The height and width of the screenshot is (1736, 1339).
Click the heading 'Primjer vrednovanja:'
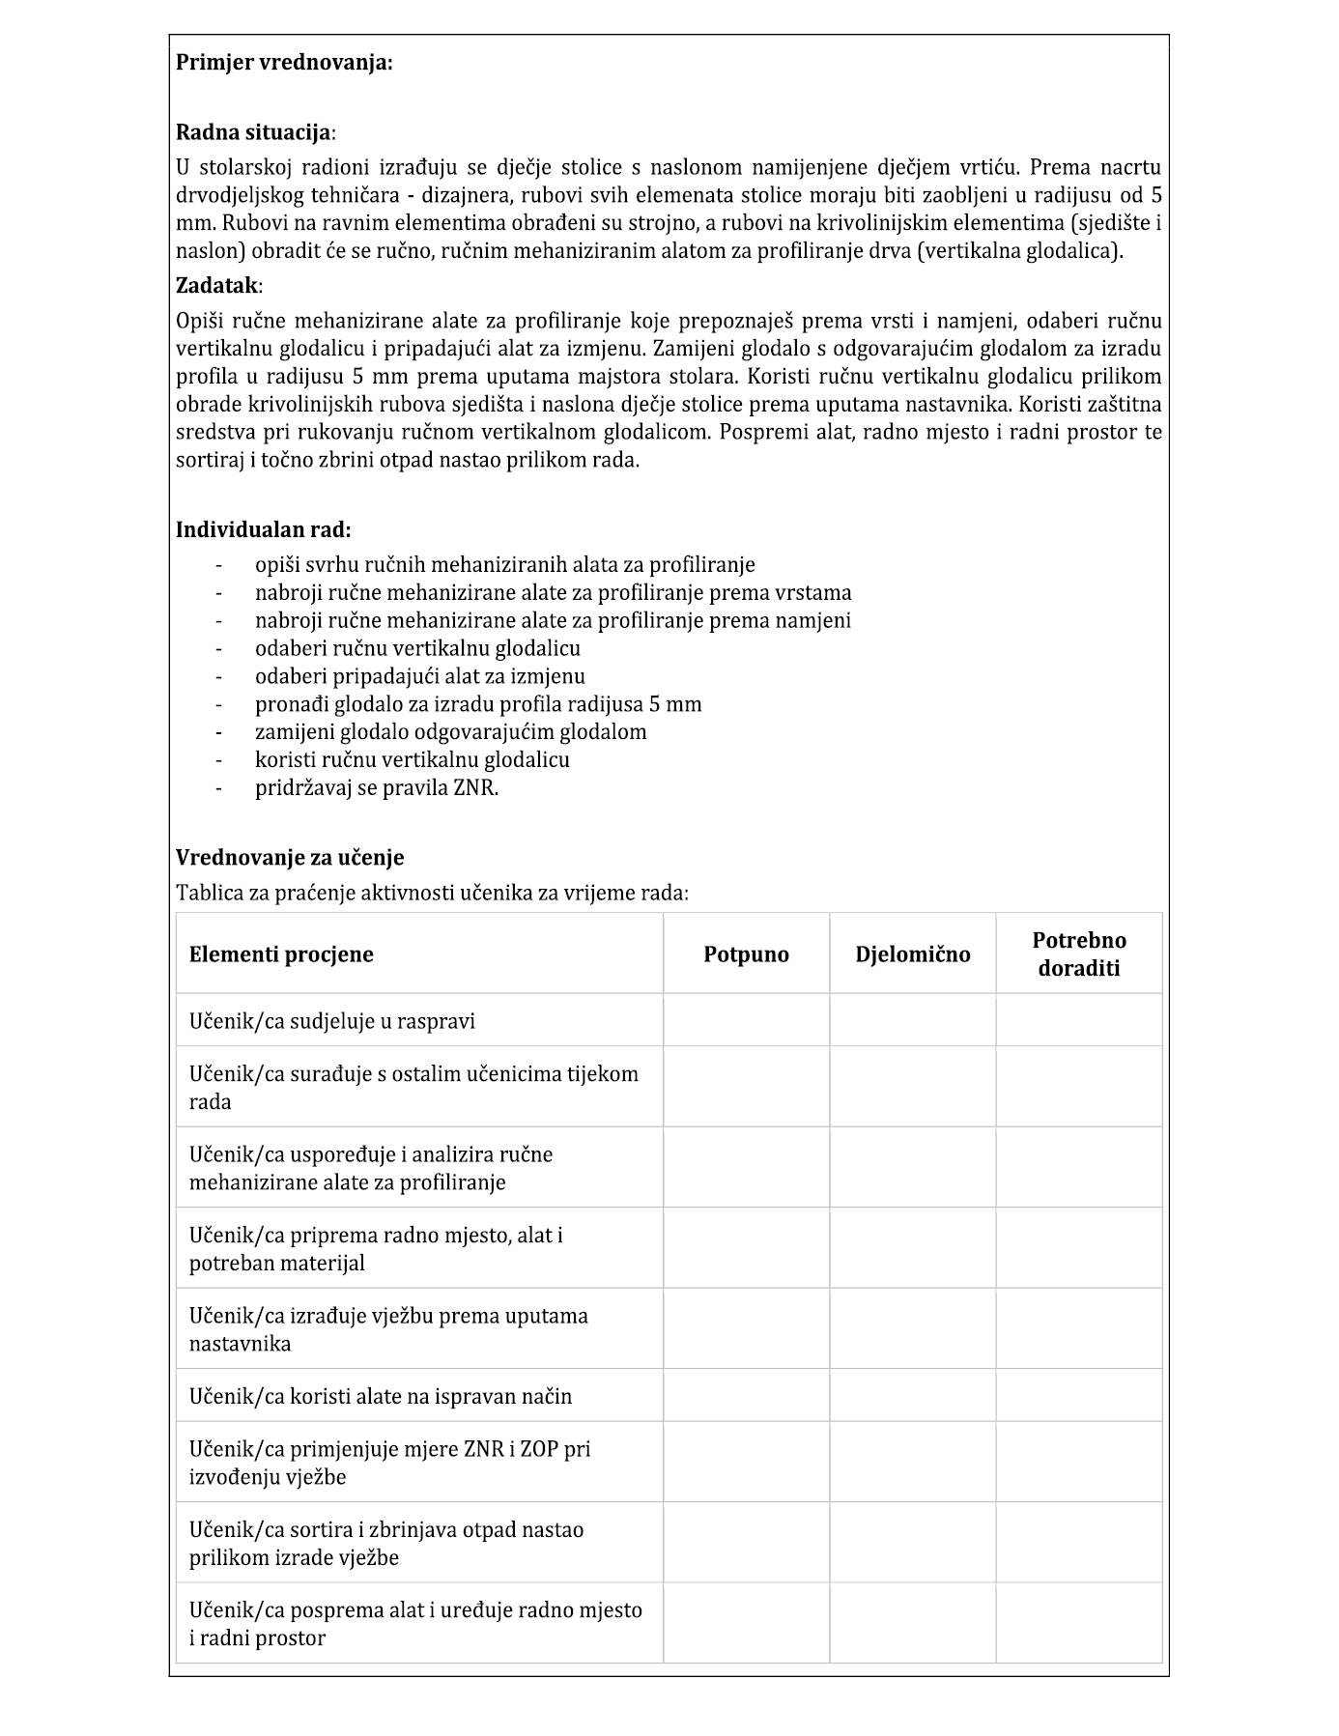[284, 63]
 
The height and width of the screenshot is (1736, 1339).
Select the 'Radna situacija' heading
[254, 132]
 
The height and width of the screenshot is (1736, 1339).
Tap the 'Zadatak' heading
[217, 285]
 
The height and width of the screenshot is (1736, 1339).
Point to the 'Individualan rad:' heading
[263, 529]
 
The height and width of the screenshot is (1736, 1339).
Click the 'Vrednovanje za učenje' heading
[290, 857]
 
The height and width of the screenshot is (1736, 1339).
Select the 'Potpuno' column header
[746, 954]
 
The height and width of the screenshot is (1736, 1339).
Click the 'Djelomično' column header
[912, 954]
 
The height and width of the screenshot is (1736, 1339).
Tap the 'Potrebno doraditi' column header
[1078, 954]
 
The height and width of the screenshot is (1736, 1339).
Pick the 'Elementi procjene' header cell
[281, 954]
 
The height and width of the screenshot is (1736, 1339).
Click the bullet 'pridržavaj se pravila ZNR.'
[377, 787]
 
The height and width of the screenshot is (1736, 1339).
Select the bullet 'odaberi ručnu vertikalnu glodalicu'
[417, 648]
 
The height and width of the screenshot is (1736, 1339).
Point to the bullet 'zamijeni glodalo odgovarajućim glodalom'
[450, 731]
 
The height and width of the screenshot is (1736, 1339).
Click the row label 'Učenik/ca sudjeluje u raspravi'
[332, 1021]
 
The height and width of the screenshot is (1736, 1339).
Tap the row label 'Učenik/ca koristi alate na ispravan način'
[381, 1396]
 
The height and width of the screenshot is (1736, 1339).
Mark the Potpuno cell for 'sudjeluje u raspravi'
[746, 1020]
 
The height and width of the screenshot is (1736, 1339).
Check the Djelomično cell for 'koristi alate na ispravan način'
[912, 1395]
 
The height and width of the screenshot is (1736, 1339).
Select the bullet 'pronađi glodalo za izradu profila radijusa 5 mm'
[478, 703]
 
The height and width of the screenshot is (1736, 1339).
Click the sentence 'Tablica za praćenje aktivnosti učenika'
[432, 893]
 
